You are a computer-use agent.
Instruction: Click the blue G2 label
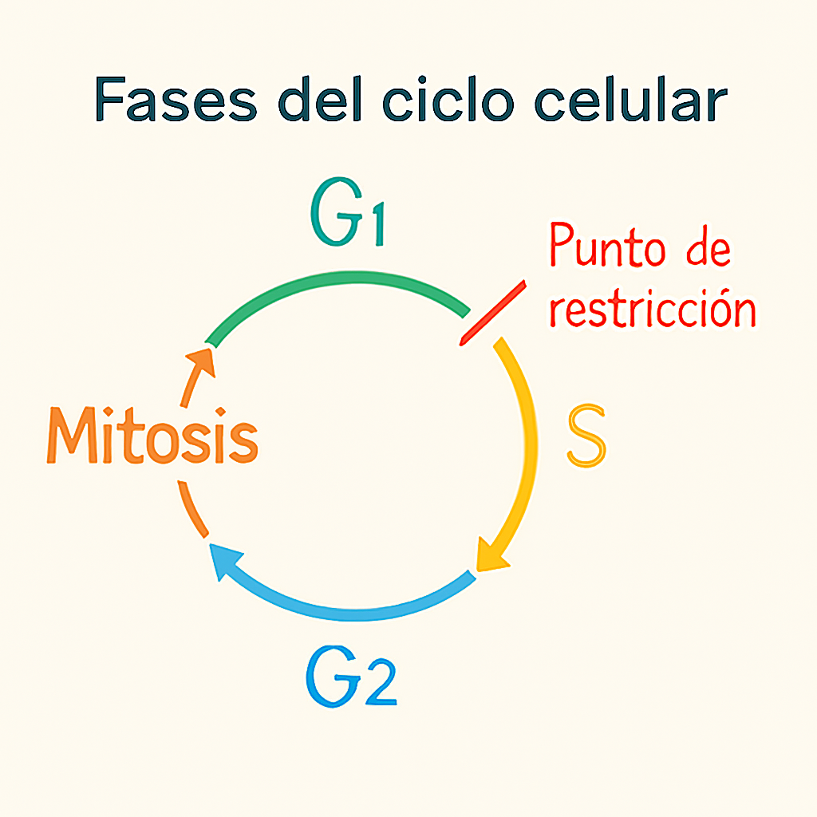pyautogui.click(x=351, y=678)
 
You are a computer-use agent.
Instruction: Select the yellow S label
pyautogui.click(x=586, y=437)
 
